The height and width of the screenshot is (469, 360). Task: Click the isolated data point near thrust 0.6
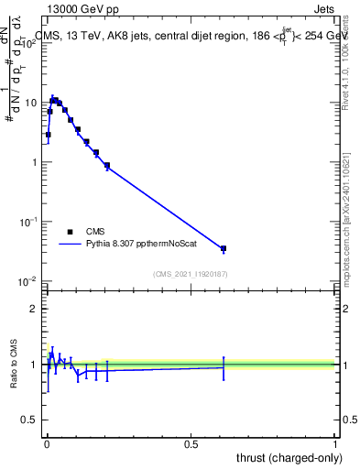[x=223, y=248]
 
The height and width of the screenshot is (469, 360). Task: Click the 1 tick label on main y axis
[x=36, y=162]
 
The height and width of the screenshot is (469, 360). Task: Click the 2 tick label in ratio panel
[x=36, y=309]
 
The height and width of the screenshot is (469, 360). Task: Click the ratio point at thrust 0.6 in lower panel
[x=223, y=367]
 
